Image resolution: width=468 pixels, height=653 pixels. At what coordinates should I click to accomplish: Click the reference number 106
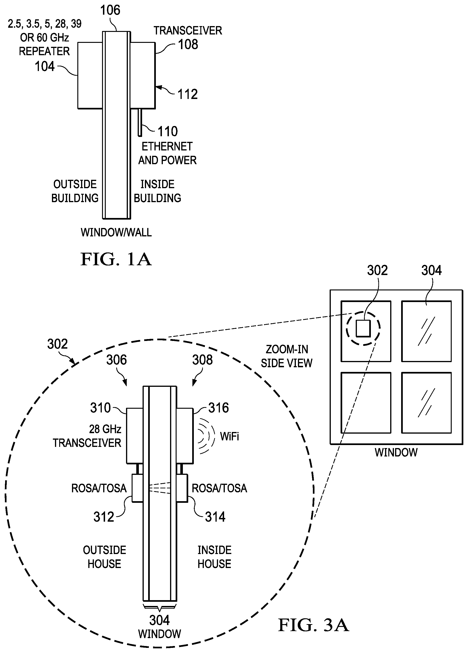[110, 10]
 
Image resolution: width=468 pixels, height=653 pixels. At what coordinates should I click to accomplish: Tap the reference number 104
[45, 67]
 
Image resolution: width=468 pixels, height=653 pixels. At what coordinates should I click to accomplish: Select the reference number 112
[188, 95]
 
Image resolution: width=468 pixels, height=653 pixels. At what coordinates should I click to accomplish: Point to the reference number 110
[168, 132]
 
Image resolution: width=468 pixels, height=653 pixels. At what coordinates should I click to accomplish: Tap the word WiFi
[229, 436]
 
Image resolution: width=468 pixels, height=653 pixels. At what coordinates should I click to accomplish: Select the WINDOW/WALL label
[116, 232]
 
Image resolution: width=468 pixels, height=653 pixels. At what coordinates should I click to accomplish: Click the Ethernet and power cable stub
[140, 122]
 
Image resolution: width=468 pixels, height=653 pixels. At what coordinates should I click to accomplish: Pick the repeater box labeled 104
[90, 75]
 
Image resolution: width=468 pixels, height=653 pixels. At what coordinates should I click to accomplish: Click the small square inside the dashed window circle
[363, 328]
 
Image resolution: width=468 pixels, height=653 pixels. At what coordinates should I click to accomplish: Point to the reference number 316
[219, 408]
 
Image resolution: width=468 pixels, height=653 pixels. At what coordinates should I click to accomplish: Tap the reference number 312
[104, 517]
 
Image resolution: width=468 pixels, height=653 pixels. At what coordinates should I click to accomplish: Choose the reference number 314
[215, 517]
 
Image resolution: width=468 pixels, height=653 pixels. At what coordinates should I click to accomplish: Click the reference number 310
[100, 408]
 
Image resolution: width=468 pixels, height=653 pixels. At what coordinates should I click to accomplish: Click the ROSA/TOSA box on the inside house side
[182, 488]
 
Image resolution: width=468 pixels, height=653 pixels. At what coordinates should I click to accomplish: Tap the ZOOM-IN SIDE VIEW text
[287, 356]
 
